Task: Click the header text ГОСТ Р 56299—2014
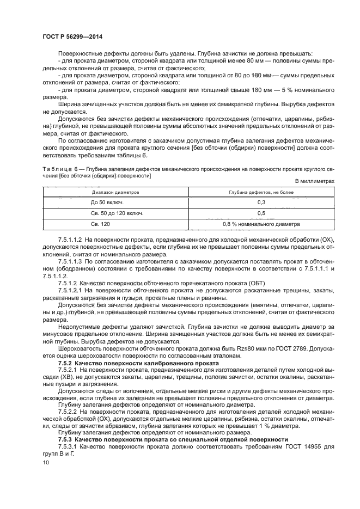coord(73,36)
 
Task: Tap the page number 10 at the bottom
coord(46,462)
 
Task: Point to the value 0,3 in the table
coord(261,203)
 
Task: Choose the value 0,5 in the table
coord(261,213)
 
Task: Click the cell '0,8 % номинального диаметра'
coord(261,224)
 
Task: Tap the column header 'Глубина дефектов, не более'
coord(261,192)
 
